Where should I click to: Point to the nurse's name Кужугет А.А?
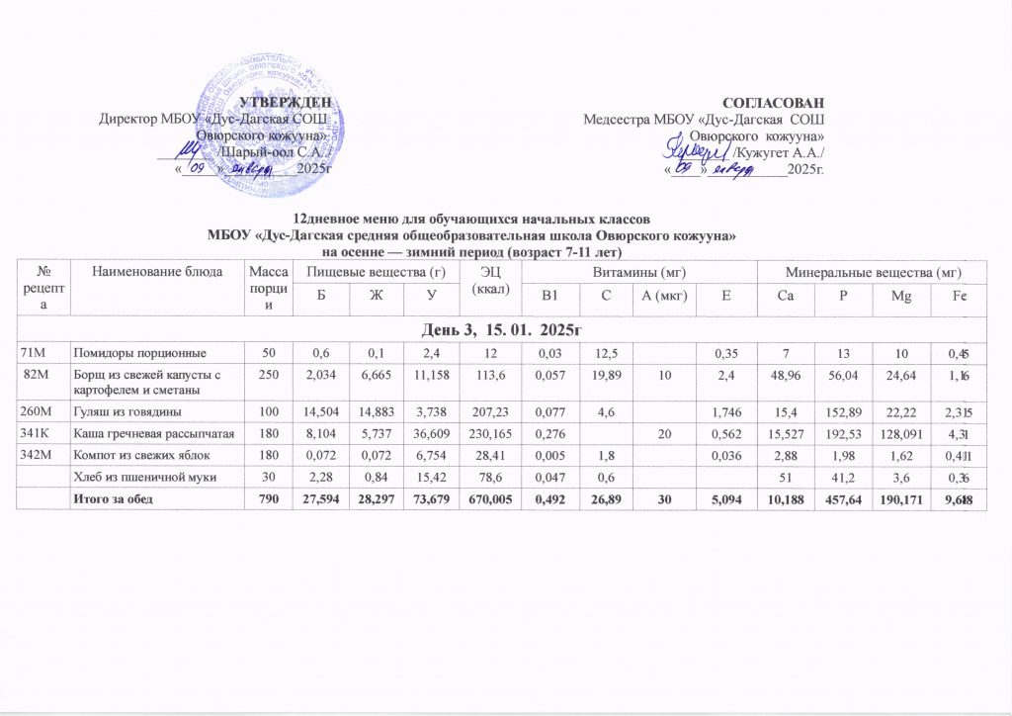click(x=781, y=151)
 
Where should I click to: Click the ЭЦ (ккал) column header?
click(x=490, y=280)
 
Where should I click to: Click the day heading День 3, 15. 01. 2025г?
click(x=506, y=326)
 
